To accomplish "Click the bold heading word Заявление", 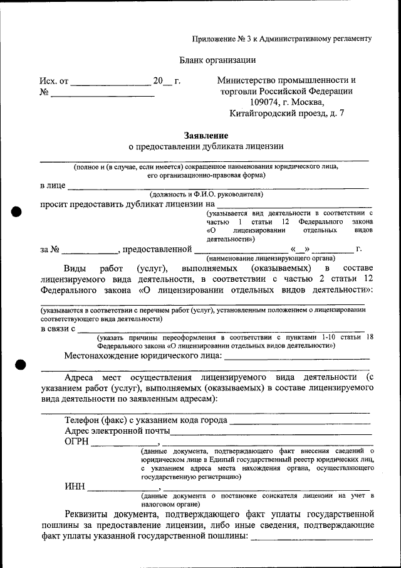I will pyautogui.click(x=206, y=136).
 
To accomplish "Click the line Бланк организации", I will pyautogui.click(x=217, y=60).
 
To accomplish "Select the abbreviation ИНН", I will pyautogui.click(x=75, y=486).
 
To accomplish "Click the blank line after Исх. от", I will pyautogui.click(x=110, y=83).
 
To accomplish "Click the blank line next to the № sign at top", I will pyautogui.click(x=102, y=95).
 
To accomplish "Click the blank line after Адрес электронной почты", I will pyautogui.click(x=271, y=432).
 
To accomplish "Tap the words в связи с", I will pyautogui.click(x=58, y=328).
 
